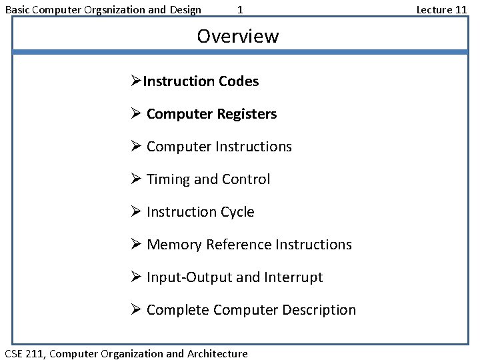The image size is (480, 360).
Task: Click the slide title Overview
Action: (x=237, y=36)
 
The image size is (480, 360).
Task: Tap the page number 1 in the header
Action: (x=240, y=9)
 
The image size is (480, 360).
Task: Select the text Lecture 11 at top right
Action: (x=441, y=9)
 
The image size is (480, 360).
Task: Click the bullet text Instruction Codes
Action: (x=201, y=81)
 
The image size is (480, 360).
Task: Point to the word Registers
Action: (x=246, y=114)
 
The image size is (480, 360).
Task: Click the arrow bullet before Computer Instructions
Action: (x=137, y=147)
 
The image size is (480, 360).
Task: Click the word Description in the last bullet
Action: (x=319, y=310)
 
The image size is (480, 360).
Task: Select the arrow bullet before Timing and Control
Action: (x=137, y=179)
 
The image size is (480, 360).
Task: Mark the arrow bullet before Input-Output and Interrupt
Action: (x=137, y=277)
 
